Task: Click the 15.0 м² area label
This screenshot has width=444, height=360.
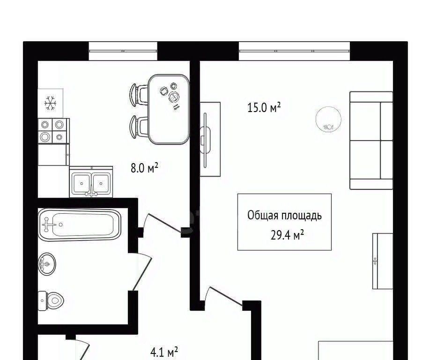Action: [264, 107]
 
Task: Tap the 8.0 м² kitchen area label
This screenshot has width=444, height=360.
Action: [144, 168]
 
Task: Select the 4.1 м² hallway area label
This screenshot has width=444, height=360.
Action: [164, 352]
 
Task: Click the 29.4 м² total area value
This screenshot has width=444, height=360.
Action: [287, 235]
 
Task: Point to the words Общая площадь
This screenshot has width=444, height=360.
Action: [284, 216]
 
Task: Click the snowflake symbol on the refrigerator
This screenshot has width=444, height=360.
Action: [51, 103]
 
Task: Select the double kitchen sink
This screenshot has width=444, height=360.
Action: [91, 182]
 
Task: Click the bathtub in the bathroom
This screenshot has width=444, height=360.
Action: [79, 225]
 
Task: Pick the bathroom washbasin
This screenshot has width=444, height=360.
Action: [47, 264]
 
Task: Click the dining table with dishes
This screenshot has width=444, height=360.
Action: [169, 109]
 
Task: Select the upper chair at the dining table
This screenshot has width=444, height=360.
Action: [139, 95]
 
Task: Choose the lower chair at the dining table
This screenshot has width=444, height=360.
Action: [139, 127]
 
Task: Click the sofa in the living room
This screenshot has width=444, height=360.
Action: [371, 140]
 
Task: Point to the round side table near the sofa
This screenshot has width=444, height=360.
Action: [328, 120]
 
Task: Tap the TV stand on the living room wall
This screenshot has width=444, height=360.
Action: [210, 139]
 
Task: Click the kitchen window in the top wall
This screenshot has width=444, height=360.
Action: [123, 51]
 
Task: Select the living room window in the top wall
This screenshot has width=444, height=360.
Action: [294, 51]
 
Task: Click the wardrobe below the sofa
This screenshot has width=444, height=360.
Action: [383, 261]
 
